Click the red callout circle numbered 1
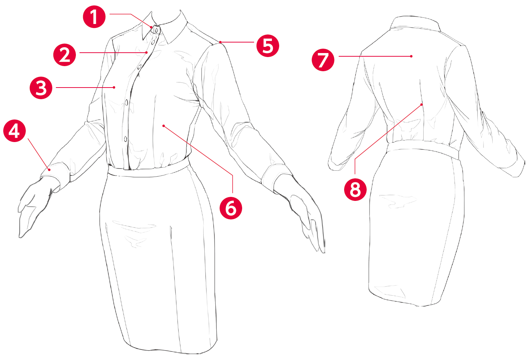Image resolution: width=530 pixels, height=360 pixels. pyautogui.click(x=94, y=17)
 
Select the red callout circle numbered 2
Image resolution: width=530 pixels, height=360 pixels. pyautogui.click(x=65, y=55)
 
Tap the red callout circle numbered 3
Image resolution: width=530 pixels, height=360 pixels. pyautogui.click(x=41, y=88)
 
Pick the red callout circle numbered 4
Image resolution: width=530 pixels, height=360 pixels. pyautogui.click(x=15, y=131)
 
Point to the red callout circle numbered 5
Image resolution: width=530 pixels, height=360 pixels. pyautogui.click(x=268, y=46)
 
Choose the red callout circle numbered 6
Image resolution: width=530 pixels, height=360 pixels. pyautogui.click(x=231, y=208)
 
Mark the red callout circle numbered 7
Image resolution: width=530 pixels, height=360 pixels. pyautogui.click(x=323, y=60)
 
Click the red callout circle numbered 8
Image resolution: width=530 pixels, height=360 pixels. pyautogui.click(x=355, y=190)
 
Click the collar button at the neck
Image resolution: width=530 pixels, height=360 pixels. pyautogui.click(x=156, y=30)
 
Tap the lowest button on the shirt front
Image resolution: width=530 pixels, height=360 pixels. pyautogui.click(x=125, y=139)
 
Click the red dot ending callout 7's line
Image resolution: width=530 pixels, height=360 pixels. pyautogui.click(x=411, y=56)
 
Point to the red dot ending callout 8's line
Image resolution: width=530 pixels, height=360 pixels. pyautogui.click(x=421, y=105)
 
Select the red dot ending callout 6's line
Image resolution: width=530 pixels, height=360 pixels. pyautogui.click(x=163, y=126)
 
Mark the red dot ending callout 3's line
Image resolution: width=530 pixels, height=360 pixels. pyautogui.click(x=114, y=88)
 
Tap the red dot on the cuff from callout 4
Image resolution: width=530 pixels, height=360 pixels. pyautogui.click(x=49, y=170)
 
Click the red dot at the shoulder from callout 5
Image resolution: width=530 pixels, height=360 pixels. pyautogui.click(x=220, y=42)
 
